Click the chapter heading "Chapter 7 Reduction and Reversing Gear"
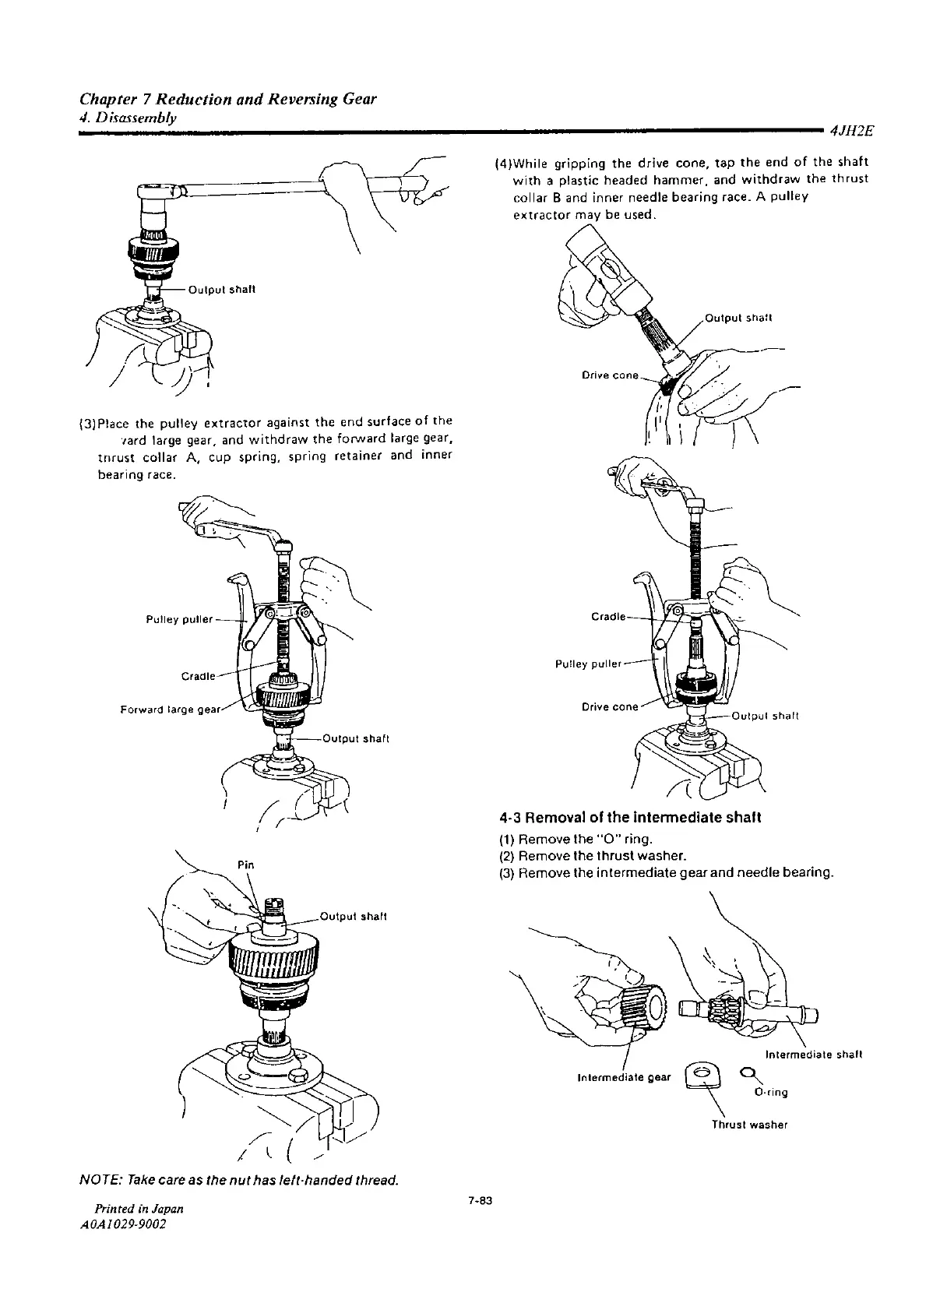tap(228, 99)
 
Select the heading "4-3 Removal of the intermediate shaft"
tap(629, 818)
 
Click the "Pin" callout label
tap(246, 865)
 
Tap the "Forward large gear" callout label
tap(171, 709)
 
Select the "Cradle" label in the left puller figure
tap(199, 675)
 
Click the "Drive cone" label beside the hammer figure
tap(610, 375)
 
